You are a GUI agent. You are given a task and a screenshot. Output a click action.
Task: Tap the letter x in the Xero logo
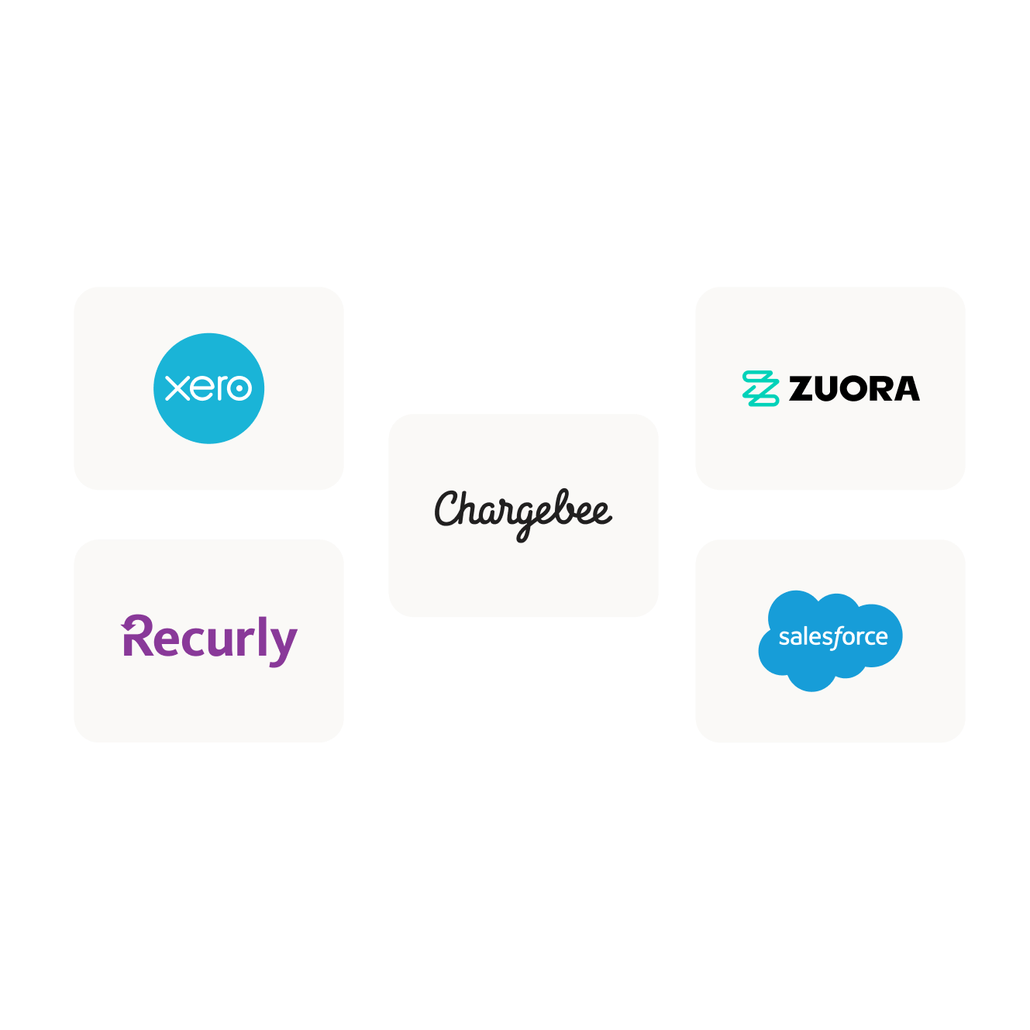click(177, 388)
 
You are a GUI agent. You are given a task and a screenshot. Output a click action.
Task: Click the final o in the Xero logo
click(239, 388)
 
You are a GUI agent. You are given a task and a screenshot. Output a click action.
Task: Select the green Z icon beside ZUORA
click(760, 388)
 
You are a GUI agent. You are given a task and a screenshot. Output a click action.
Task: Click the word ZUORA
click(854, 389)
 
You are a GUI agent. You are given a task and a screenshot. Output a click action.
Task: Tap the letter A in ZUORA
click(904, 389)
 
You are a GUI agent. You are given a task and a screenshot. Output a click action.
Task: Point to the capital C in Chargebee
click(447, 509)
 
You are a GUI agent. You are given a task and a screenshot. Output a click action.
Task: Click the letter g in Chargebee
click(527, 519)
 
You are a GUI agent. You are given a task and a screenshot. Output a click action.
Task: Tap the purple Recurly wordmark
click(209, 640)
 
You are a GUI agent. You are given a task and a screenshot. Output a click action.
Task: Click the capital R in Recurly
click(138, 637)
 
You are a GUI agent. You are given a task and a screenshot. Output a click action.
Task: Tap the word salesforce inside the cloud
click(833, 637)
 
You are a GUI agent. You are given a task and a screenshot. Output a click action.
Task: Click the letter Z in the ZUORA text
click(802, 389)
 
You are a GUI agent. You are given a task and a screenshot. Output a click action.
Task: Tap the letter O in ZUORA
click(853, 389)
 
